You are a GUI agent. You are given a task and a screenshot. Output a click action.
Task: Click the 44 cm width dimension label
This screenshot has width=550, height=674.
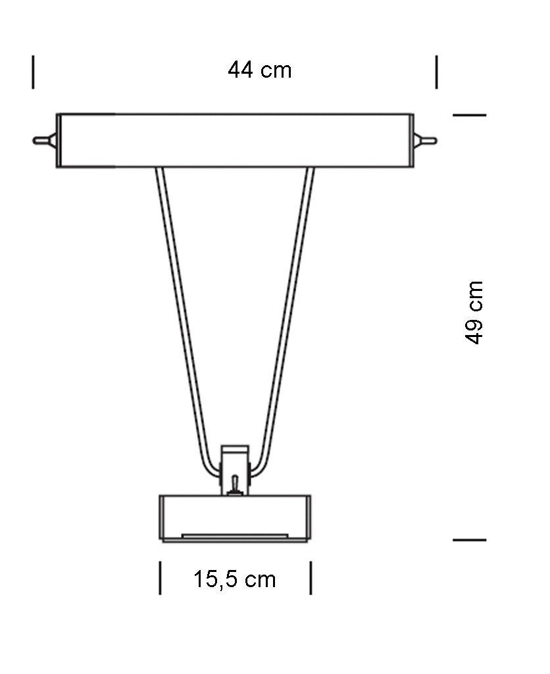[259, 70]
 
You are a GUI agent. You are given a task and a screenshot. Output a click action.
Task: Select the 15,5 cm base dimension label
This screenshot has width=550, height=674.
[234, 579]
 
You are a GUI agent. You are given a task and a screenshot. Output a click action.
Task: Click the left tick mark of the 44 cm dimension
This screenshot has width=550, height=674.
[33, 72]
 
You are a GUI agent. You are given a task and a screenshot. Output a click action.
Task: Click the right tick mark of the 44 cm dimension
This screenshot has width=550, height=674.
[436, 72]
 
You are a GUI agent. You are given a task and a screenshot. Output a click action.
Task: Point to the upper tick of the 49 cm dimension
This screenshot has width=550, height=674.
[469, 115]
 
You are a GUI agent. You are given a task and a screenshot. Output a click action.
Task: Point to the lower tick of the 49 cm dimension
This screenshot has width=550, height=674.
[469, 540]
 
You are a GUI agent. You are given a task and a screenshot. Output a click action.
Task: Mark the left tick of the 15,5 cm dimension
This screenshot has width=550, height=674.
[160, 578]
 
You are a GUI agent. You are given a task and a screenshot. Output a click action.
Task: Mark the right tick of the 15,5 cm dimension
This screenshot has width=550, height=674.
[311, 578]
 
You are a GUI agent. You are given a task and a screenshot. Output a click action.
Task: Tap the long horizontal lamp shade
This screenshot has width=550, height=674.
[235, 141]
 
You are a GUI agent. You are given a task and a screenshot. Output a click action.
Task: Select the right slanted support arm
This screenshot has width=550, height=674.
[288, 316]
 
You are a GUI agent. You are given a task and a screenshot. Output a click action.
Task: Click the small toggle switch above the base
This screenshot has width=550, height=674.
[234, 485]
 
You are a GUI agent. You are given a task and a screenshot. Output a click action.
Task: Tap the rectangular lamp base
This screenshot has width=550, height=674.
[235, 515]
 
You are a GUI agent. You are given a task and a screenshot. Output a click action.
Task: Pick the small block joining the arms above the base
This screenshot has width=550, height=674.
[234, 461]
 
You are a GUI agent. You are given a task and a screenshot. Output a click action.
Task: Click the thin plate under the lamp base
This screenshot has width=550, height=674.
[234, 536]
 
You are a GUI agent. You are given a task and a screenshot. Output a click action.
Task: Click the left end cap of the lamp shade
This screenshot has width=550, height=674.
[59, 141]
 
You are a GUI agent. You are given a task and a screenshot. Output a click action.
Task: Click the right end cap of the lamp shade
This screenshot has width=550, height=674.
[411, 141]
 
